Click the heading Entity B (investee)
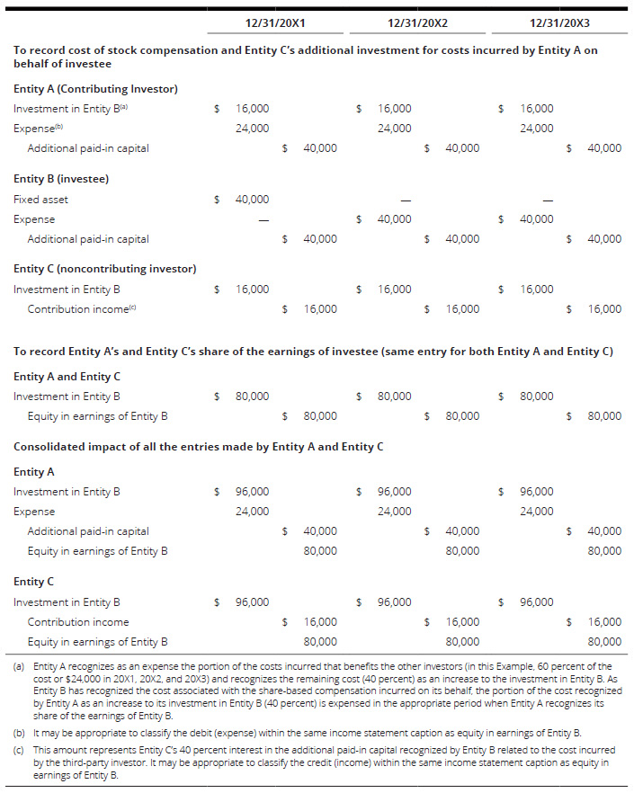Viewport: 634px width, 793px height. click(x=61, y=179)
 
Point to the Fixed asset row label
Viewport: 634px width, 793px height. click(x=40, y=200)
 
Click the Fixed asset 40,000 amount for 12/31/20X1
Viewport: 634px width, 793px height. click(x=252, y=200)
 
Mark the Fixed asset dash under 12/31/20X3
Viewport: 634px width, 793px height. click(x=547, y=200)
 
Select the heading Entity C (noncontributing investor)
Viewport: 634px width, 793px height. click(x=105, y=269)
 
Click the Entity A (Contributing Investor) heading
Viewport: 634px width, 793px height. click(x=95, y=89)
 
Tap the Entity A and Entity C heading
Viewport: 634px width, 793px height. click(x=67, y=376)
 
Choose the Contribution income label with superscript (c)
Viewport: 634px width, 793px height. click(x=81, y=309)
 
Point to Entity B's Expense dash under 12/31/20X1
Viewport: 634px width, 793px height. click(x=263, y=219)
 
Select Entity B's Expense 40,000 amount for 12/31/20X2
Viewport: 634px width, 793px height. click(x=394, y=219)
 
